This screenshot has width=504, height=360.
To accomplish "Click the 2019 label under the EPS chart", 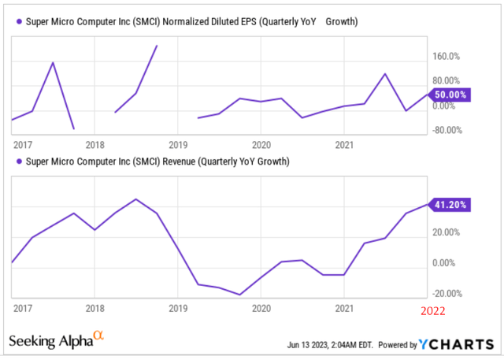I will pyautogui.click(x=177, y=145).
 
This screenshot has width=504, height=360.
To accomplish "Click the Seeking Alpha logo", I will pyautogui.click(x=56, y=340).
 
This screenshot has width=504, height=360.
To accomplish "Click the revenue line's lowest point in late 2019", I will pyautogui.click(x=240, y=295).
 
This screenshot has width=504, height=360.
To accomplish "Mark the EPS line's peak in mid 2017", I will pyautogui.click(x=53, y=62).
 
